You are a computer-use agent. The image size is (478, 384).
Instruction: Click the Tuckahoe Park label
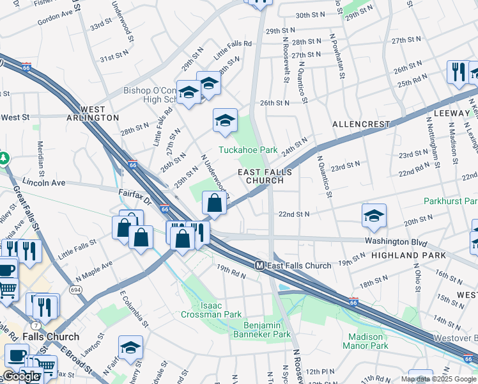pos(248,150)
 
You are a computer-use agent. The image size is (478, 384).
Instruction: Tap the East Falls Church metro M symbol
pos(260,266)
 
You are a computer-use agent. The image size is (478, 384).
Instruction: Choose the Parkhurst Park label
pos(450,201)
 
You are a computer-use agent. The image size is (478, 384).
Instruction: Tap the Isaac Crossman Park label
pos(211,310)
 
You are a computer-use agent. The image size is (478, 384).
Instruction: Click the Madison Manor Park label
pos(365,341)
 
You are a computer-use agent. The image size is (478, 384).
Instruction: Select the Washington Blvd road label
pos(396,242)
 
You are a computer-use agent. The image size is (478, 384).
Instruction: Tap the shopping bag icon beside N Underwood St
pos(215,204)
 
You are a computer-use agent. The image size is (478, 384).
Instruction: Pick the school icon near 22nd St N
pos(374,216)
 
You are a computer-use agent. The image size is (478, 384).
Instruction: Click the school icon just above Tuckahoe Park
pos(225,120)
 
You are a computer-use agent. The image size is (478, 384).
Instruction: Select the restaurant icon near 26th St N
pos(458,72)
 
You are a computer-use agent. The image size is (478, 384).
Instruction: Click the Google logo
pos(20,376)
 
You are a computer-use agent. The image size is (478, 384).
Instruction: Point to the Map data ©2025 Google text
pos(438,379)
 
